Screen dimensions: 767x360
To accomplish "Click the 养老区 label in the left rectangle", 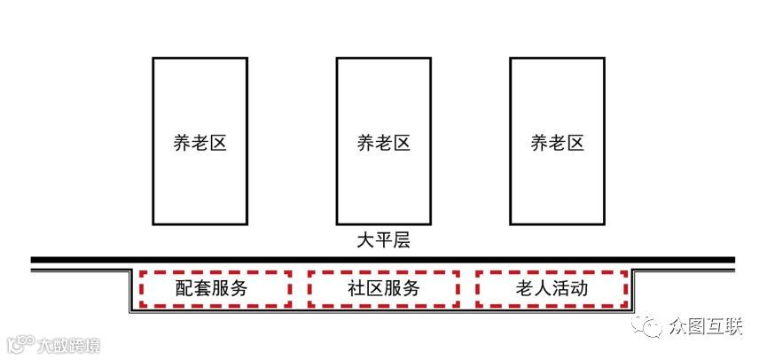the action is (200, 143).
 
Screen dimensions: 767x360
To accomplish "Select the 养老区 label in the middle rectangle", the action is (383, 143).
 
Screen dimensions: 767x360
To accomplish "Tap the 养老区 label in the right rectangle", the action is (558, 143).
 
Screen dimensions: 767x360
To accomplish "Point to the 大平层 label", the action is (383, 241).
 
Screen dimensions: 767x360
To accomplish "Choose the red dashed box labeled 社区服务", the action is (383, 288).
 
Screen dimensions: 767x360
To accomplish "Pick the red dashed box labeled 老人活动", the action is (552, 288).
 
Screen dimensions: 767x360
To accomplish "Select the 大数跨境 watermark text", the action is (68, 345).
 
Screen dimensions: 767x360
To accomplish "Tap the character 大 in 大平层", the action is (364, 241).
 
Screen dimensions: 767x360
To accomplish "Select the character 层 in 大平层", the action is (402, 241).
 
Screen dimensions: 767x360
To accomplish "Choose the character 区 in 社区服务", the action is (372, 288).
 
